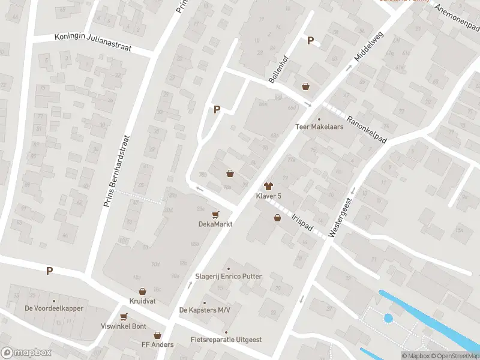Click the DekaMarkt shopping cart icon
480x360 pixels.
[216, 214]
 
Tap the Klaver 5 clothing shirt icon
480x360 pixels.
[268, 187]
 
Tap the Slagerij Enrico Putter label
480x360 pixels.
[228, 277]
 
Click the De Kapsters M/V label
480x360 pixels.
[205, 310]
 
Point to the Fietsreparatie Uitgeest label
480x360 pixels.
[226, 340]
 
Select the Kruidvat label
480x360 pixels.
[142, 300]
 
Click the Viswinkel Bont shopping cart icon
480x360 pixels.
[124, 317]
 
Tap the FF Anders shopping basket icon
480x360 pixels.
[158, 335]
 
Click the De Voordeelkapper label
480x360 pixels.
[54, 308]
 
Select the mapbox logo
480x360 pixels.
[26, 353]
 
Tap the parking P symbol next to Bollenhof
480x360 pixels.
[310, 41]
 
